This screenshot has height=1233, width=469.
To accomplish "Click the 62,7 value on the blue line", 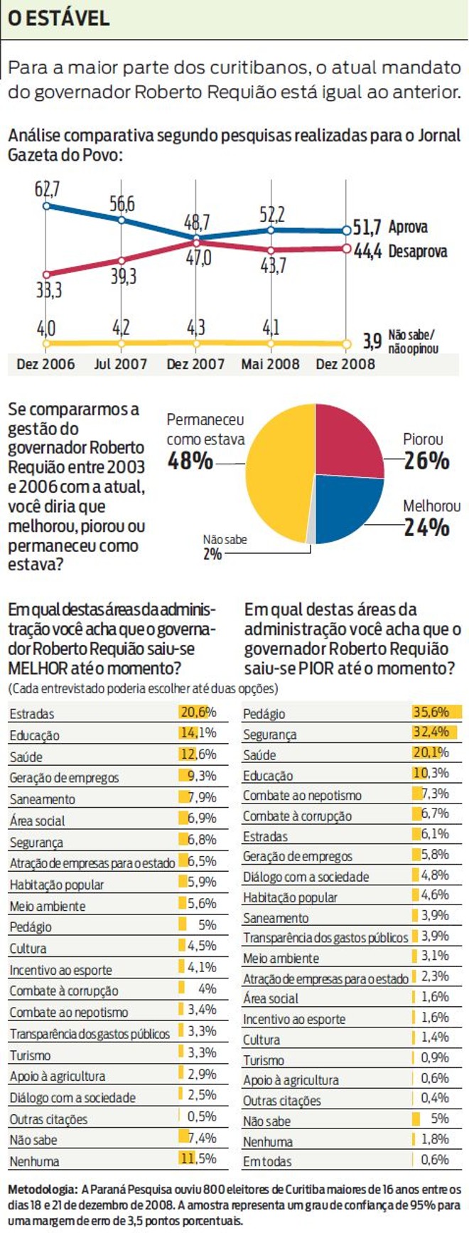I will pos(47,189).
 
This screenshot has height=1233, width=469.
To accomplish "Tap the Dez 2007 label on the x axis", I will pos(195,364).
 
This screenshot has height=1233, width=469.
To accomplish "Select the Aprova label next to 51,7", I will pos(408,228).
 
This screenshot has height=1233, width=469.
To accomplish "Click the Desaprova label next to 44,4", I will pos(418,251).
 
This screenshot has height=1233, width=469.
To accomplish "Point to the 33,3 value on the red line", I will pos(48,290).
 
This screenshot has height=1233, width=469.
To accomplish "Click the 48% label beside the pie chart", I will pos(190,461).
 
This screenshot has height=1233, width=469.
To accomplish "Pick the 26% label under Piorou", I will pos(426,461).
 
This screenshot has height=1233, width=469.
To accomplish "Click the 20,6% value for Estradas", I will pos(198,712).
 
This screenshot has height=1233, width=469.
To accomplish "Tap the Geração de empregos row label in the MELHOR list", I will pos(64,778).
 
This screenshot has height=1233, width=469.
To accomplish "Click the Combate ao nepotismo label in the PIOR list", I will pos(302,796).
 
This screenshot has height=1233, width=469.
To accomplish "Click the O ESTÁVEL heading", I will pos(58,18).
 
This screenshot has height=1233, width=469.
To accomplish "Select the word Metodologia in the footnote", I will pos(41,1189).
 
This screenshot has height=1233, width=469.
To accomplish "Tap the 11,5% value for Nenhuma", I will pos(198,1160).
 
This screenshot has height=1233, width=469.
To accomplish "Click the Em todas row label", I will pos(266,1162).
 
